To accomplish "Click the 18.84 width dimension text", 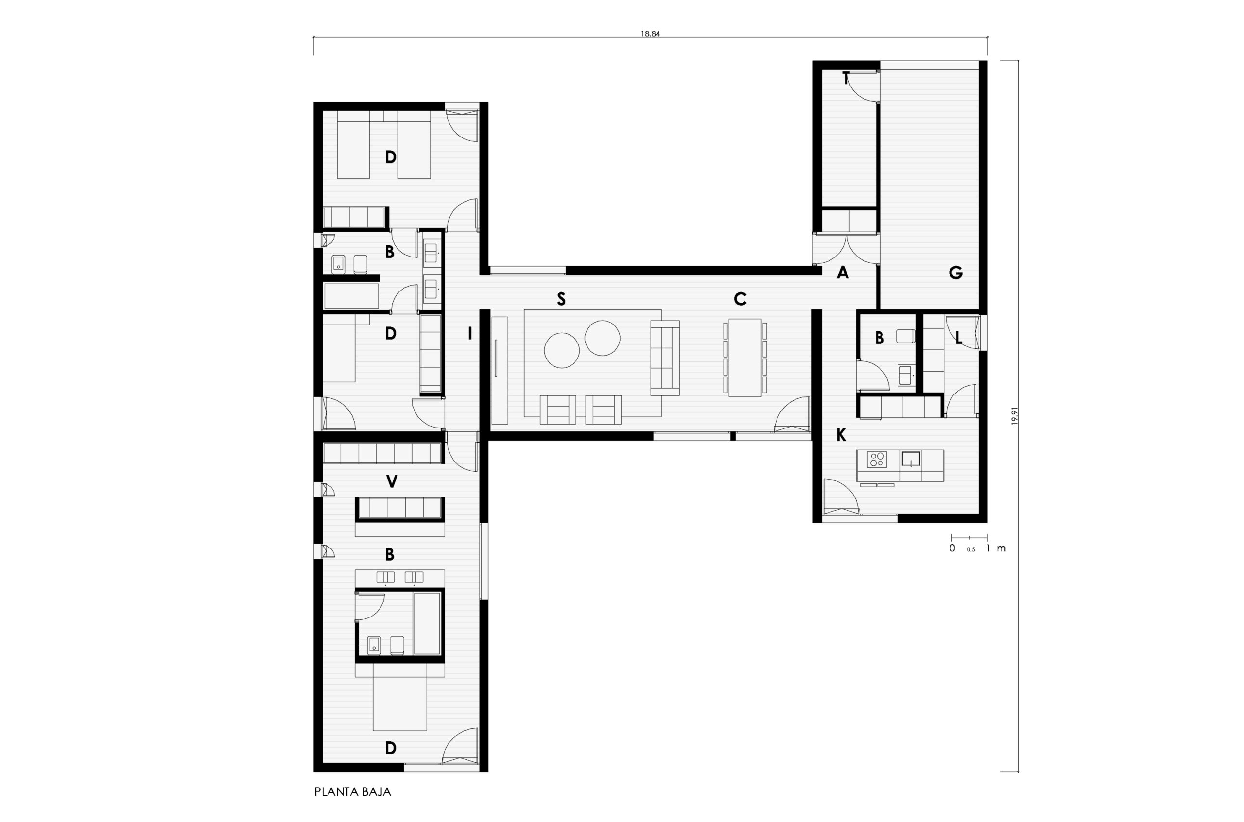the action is tap(650, 34).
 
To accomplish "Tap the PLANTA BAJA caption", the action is tap(353, 791).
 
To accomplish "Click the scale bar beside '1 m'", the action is tap(969, 537).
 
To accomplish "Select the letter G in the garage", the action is tap(956, 272).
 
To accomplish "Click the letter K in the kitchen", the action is tap(841, 435).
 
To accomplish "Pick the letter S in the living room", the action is tap(561, 299).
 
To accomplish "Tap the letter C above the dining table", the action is tap(740, 299).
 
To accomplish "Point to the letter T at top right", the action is tap(845, 79).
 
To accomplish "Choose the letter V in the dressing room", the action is tap(391, 481).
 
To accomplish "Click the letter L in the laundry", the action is tap(959, 339).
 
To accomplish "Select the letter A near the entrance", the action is tap(843, 272).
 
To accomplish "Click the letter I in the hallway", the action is tap(470, 333).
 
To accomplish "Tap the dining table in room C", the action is tap(745, 358).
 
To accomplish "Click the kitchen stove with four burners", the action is tap(877, 459).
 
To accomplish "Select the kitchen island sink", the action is tap(911, 459).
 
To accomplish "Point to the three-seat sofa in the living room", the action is tap(665, 358).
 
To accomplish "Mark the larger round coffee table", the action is tap(561, 350).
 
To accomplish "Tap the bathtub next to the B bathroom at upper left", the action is tap(351, 297).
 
